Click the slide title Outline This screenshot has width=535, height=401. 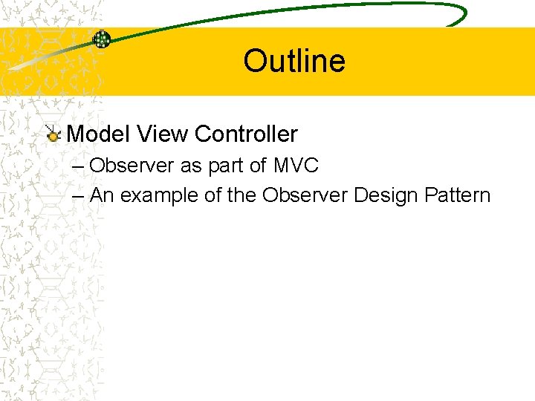coord(294,61)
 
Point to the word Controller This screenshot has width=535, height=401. coord(245,134)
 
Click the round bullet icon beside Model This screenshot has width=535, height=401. coord(53,135)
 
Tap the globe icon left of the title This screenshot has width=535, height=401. coord(102,39)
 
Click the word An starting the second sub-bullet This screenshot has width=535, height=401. coord(102,195)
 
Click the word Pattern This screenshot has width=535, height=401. coord(458,195)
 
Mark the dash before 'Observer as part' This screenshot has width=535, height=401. coord(79,166)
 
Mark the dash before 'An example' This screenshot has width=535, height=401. coord(79,196)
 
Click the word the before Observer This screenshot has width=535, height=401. coord(242,195)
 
